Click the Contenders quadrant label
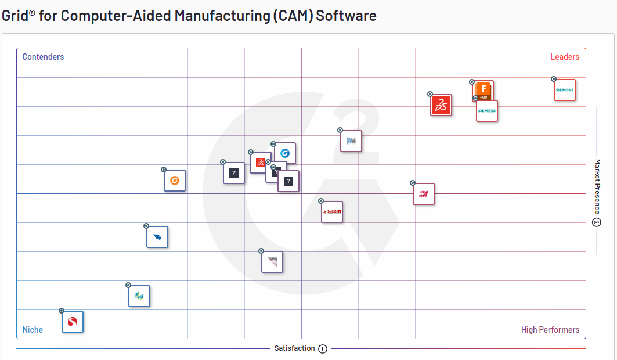[x=43, y=57]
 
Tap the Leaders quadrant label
[x=564, y=57]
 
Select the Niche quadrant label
[x=33, y=330]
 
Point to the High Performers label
[x=550, y=330]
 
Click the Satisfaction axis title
[x=294, y=348]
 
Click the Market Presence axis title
[x=597, y=186]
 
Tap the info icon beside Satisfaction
[x=323, y=349]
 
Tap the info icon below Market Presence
[x=597, y=222]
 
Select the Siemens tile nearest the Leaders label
[x=564, y=90]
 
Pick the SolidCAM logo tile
[x=332, y=212]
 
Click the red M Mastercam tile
[x=424, y=194]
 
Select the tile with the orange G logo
[x=175, y=181]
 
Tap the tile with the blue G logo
[x=285, y=153]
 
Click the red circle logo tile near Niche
[x=73, y=322]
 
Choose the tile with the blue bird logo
[x=157, y=237]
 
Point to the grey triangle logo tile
[x=272, y=262]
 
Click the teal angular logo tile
[x=139, y=296]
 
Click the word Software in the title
[x=347, y=16]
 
